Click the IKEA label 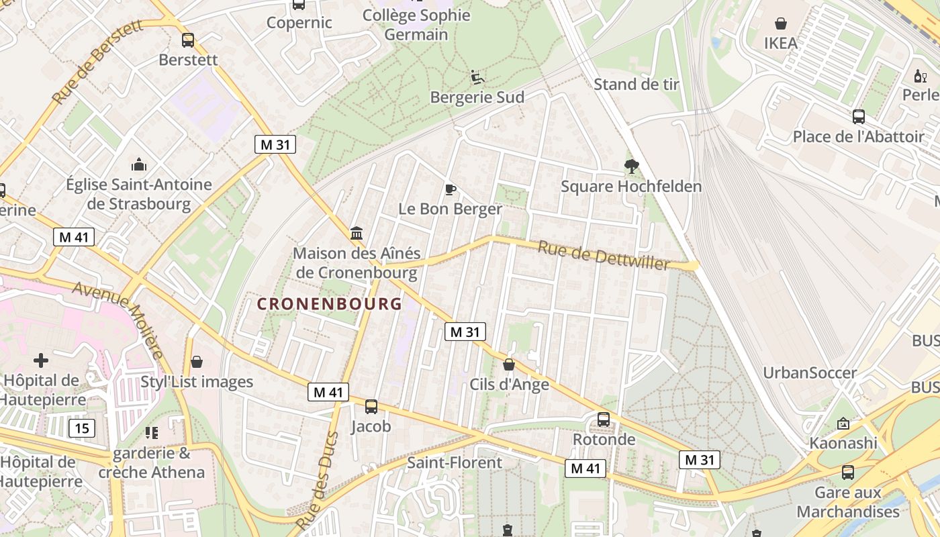[781, 44]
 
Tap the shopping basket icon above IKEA [781, 24]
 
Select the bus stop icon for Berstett [188, 40]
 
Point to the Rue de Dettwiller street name [604, 255]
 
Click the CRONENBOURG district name [330, 304]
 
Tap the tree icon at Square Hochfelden [631, 166]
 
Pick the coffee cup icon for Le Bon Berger [450, 190]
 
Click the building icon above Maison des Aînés [357, 234]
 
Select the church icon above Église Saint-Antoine [139, 164]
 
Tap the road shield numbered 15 [81, 428]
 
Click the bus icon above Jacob [371, 407]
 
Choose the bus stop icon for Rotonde [604, 420]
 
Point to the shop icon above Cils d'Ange [509, 365]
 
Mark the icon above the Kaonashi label [843, 424]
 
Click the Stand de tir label [637, 85]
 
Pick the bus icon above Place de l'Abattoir [858, 117]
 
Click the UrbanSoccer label [810, 373]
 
